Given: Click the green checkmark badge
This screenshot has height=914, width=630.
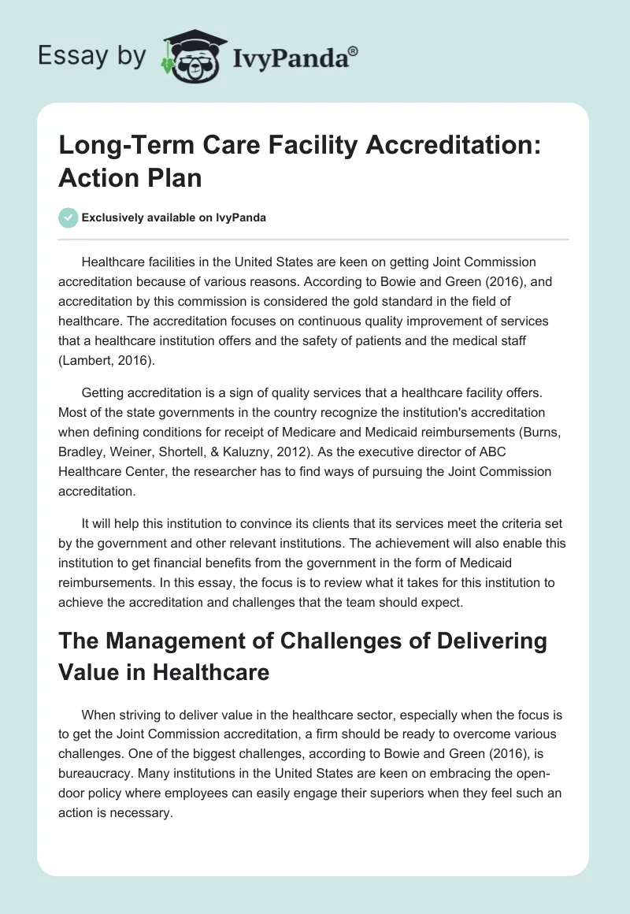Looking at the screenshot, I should point(69,217).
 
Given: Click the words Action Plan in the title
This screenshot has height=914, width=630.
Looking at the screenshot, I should point(130,177).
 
